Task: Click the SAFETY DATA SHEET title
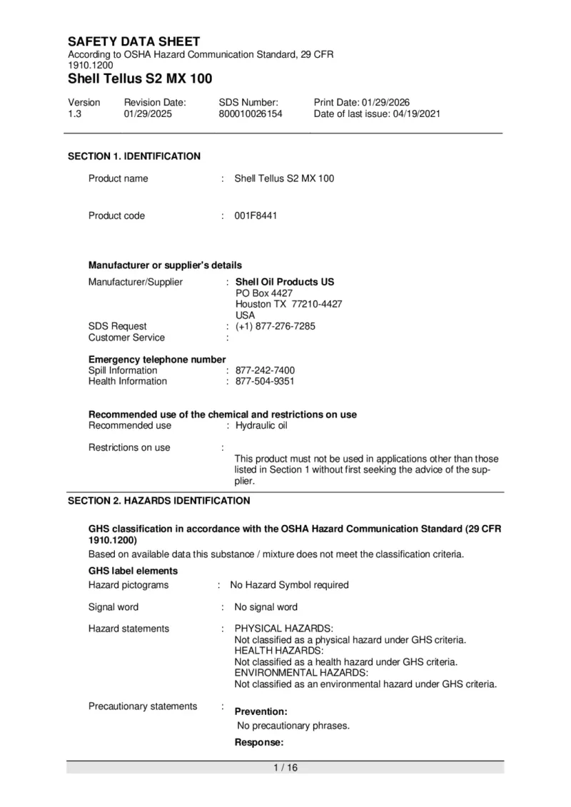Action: point(134,41)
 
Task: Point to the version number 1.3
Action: point(74,114)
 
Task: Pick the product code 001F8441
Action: point(256,215)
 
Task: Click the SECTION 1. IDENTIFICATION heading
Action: point(134,156)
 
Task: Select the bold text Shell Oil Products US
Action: point(285,282)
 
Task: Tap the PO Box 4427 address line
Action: point(264,293)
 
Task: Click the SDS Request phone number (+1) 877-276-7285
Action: point(276,326)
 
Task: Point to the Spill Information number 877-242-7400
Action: point(265,370)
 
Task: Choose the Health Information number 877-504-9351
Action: point(265,381)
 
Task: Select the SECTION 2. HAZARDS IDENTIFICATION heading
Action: point(158,501)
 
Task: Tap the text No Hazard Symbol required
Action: point(289,585)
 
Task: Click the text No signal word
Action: point(266,607)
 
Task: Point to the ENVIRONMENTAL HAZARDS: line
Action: point(301,673)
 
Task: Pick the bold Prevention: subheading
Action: point(261,712)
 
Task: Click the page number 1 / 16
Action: point(285,768)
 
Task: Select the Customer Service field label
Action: point(126,337)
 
